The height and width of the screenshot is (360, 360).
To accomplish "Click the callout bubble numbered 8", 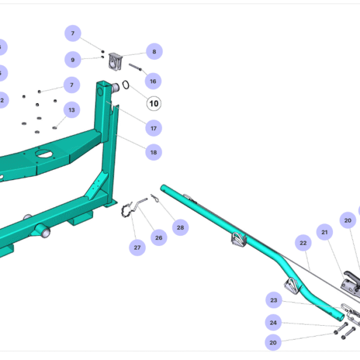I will (154, 52).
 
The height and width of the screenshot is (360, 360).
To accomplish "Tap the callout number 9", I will (73, 59).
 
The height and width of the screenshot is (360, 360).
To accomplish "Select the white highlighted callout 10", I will (154, 103).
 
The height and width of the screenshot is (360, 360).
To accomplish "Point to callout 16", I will (153, 81).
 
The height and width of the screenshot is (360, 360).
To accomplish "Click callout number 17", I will (154, 128).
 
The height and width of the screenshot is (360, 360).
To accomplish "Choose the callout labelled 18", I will (154, 152).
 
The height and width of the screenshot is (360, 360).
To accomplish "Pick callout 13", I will (72, 110).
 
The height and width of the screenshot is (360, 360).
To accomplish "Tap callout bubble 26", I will (158, 238).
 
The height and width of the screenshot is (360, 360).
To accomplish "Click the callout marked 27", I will (137, 247).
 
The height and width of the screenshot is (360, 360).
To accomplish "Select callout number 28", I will (179, 227).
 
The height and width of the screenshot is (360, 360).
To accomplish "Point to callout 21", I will (325, 232).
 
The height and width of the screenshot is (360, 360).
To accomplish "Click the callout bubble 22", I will (304, 243).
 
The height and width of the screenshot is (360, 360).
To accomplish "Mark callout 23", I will (274, 300).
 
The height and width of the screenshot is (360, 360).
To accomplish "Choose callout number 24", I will (274, 323).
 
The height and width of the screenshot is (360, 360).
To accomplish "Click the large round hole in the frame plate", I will (44, 154).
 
